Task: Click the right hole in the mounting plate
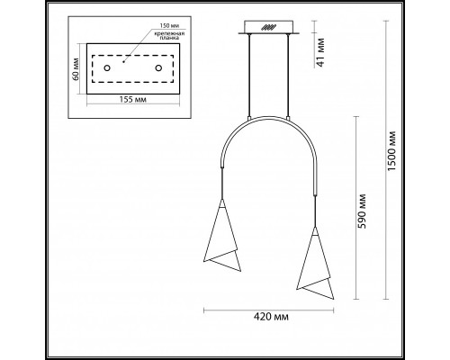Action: [x=158, y=67]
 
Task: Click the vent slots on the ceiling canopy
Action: [x=267, y=27]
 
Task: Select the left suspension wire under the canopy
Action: [x=247, y=76]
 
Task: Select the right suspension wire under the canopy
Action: [x=288, y=76]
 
